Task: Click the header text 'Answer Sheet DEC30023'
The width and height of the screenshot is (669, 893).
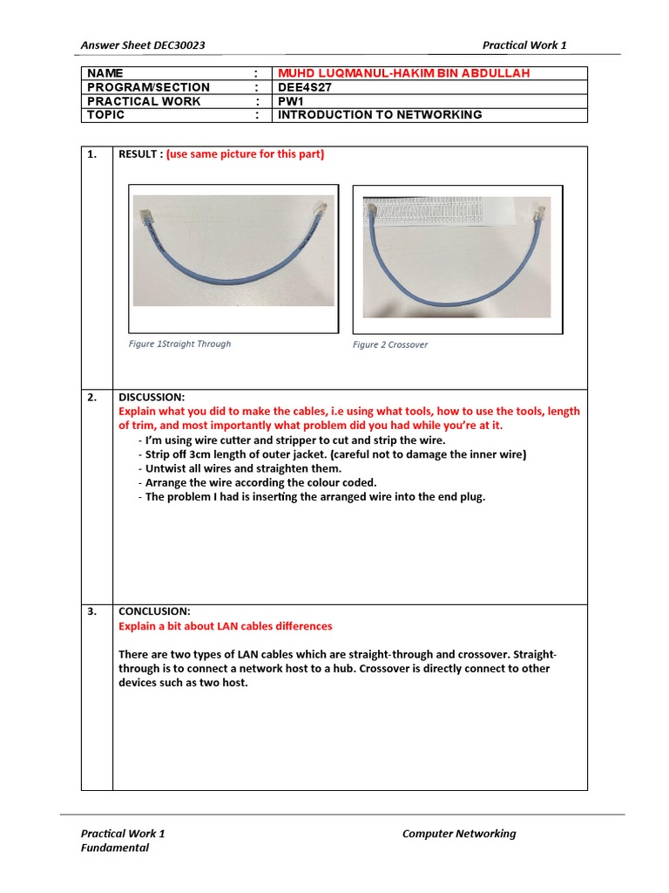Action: click(143, 45)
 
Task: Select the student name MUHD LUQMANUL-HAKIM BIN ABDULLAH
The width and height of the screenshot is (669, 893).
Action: click(403, 73)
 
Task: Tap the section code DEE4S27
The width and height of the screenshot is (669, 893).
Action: click(302, 87)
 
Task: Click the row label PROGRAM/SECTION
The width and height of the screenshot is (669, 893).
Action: click(148, 87)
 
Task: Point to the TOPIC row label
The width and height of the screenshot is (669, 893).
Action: click(105, 115)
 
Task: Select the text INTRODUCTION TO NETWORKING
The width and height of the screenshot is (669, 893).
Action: click(379, 115)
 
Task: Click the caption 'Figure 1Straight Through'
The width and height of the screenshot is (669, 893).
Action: click(179, 344)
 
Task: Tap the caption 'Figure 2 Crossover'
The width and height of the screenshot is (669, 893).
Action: click(390, 344)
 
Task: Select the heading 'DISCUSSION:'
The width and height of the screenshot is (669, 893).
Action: click(152, 397)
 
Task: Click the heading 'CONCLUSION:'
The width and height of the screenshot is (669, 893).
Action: click(154, 611)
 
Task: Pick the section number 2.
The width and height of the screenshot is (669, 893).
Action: click(91, 397)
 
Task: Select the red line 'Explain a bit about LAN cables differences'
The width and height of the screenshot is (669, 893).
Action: click(225, 626)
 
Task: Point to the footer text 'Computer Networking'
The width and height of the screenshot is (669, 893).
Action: click(458, 834)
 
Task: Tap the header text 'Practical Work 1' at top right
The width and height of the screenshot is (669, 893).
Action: click(524, 45)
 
